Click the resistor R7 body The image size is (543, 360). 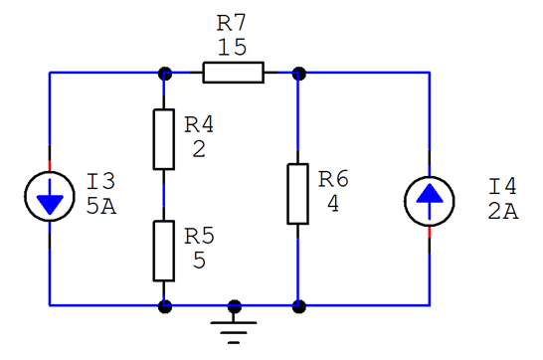click(234, 72)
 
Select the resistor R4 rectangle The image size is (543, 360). click(164, 139)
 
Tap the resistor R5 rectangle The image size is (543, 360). click(164, 251)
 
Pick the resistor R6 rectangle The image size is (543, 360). click(297, 195)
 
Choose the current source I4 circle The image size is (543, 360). click(430, 197)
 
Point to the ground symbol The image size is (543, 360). click(234, 324)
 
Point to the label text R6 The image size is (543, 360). click(334, 179)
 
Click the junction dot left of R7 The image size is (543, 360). click(164, 73)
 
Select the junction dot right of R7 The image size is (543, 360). click(298, 73)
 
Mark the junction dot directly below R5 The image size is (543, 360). click(164, 305)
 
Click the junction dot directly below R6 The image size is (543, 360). click(298, 305)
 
